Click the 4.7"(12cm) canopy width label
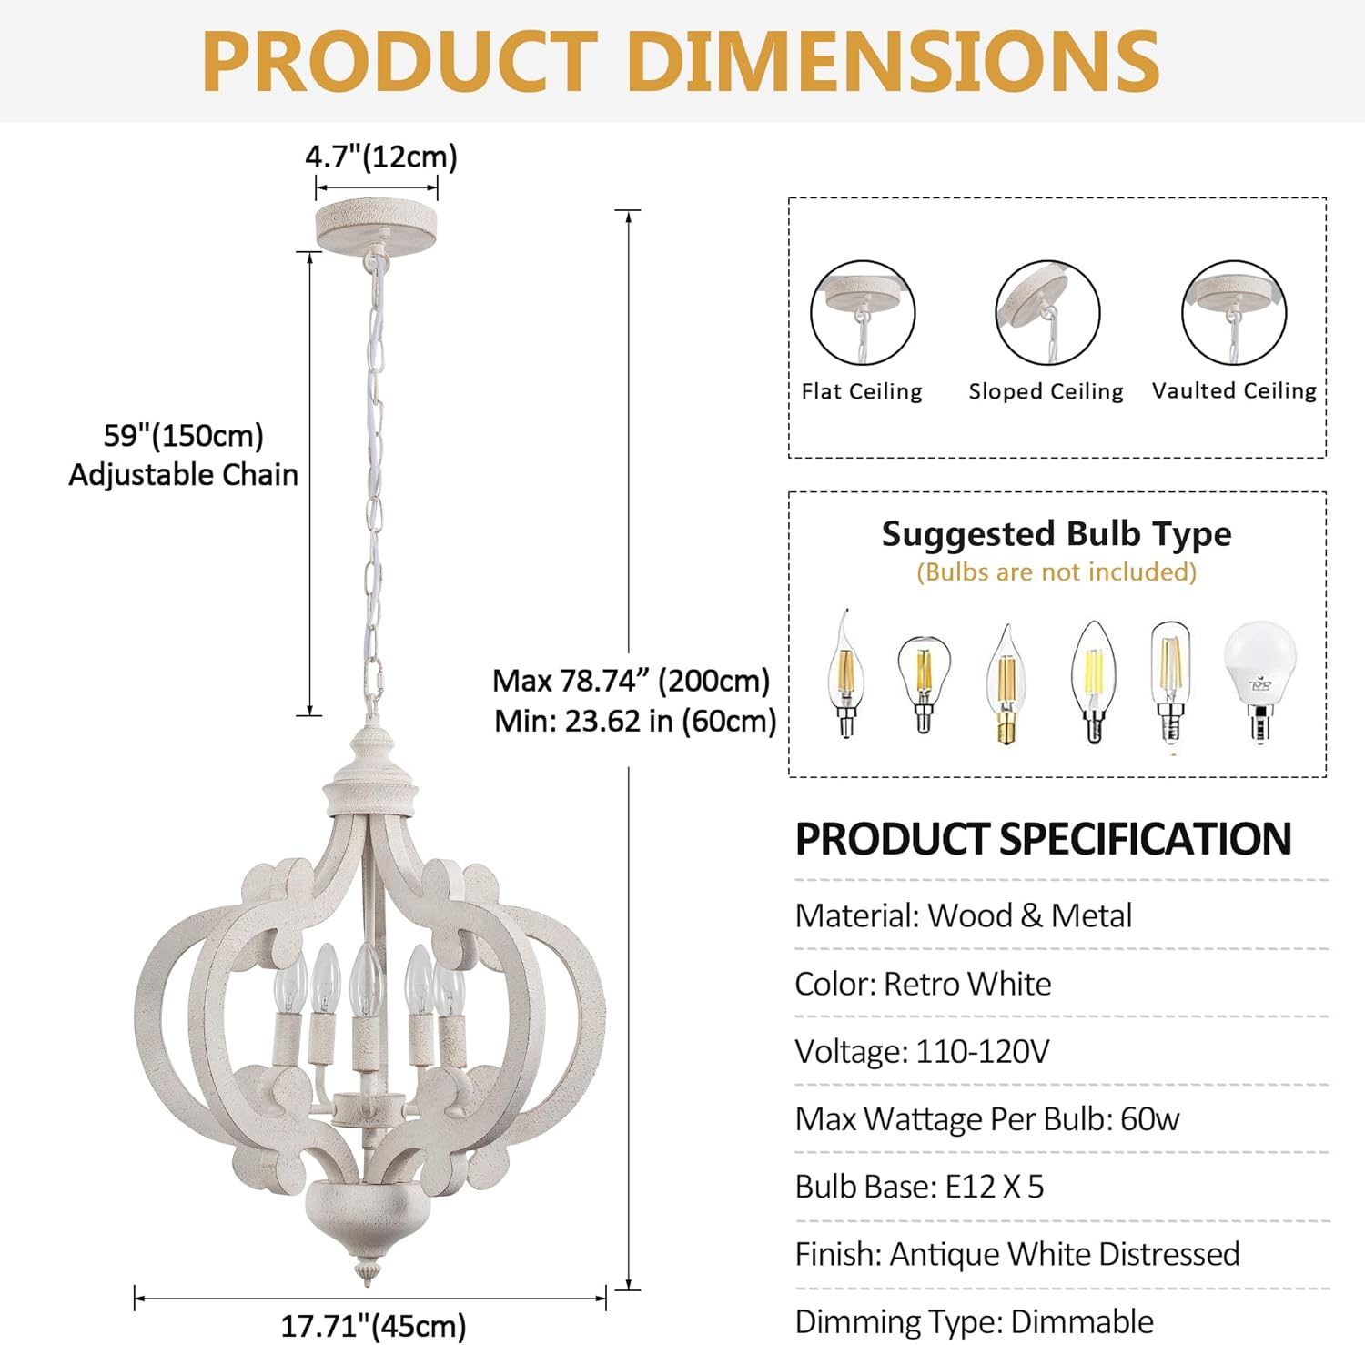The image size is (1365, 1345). pyautogui.click(x=380, y=157)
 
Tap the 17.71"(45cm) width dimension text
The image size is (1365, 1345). pyautogui.click(x=373, y=1325)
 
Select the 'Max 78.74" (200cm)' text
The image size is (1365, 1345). pyautogui.click(x=631, y=681)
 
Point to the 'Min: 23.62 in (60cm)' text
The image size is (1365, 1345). pyautogui.click(x=635, y=721)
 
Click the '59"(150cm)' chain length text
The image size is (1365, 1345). pyautogui.click(x=183, y=435)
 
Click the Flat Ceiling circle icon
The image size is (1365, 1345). pyautogui.click(x=862, y=313)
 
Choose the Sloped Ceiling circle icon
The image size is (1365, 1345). pyautogui.click(x=1047, y=313)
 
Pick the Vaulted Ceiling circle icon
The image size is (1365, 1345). pyautogui.click(x=1234, y=313)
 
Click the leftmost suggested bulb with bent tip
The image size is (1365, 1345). pyautogui.click(x=845, y=673)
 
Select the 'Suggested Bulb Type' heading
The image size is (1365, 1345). pyautogui.click(x=1057, y=533)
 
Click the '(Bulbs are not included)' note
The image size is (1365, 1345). pyautogui.click(x=1057, y=571)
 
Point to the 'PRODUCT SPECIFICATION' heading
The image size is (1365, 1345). pyautogui.click(x=1043, y=838)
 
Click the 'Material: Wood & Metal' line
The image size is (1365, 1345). pyautogui.click(x=963, y=915)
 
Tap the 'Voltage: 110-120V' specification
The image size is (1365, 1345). pyautogui.click(x=922, y=1051)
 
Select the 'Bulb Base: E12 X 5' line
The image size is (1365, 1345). pyautogui.click(x=919, y=1187)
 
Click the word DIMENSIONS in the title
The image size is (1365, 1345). pyautogui.click(x=893, y=61)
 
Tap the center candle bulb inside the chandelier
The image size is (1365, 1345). pyautogui.click(x=365, y=983)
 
